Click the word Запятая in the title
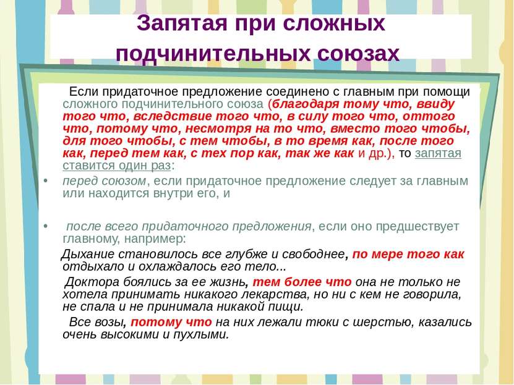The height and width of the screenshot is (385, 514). coord(182,23)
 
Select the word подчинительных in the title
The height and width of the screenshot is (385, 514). coord(213,54)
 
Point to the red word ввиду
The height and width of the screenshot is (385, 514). coord(435,104)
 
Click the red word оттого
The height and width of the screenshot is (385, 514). coord(429,116)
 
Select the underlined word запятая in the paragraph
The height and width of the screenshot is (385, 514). coord(438,153)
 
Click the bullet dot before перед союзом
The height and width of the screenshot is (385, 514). coord(46,181)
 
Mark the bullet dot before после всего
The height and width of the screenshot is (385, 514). coord(46,226)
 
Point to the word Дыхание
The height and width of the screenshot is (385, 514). coord(88,255)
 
